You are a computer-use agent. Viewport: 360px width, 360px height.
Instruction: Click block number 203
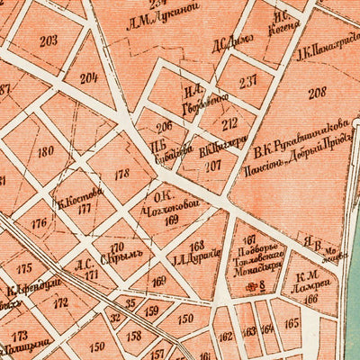[x=48, y=40]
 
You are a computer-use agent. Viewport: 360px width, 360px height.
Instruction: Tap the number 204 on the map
[x=89, y=77]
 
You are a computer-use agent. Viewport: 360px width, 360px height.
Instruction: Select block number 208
[x=317, y=93]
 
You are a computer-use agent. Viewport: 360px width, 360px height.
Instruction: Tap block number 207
[x=213, y=166]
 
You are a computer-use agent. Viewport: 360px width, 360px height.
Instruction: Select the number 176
[x=39, y=224]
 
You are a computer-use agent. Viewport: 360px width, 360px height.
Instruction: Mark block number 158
[x=134, y=336]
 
